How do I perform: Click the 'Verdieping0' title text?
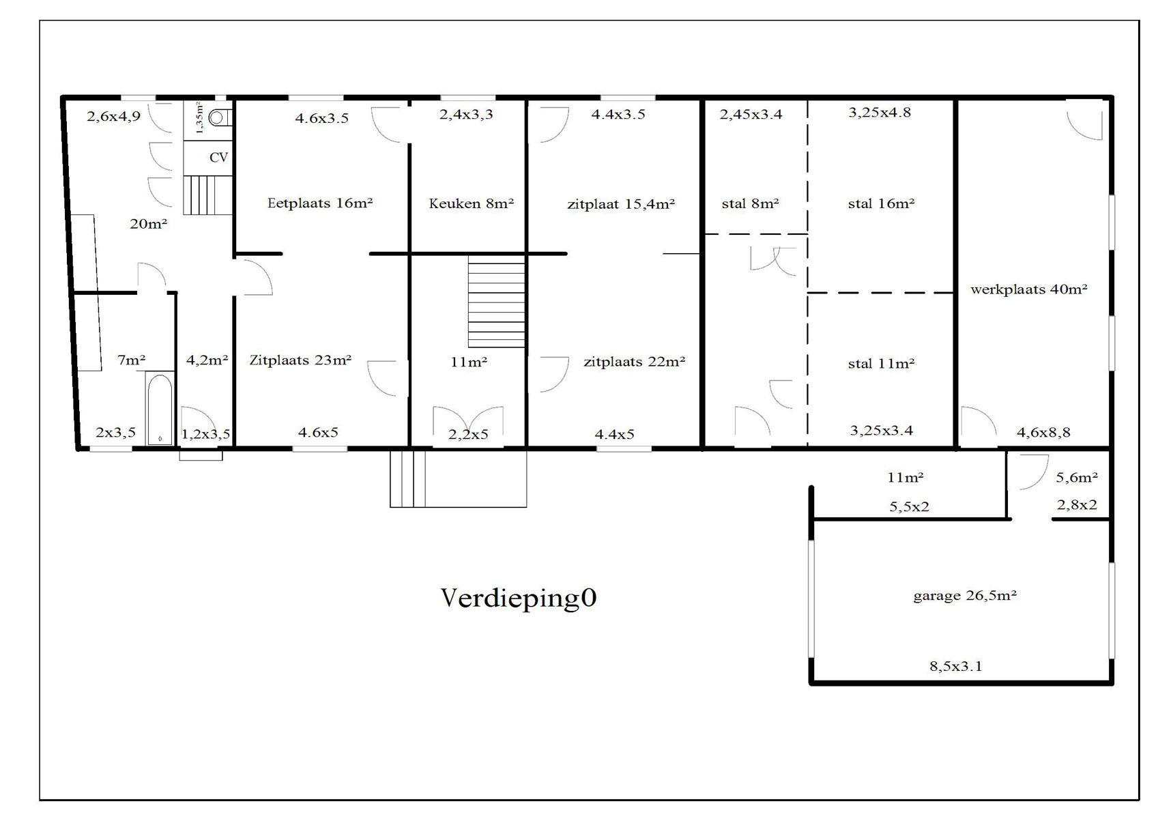(519, 598)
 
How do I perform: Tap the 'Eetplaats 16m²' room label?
(320, 203)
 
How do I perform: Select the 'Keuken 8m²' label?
(471, 203)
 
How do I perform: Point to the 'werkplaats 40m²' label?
(1028, 289)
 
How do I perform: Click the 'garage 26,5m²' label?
(965, 596)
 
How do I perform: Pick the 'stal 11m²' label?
(881, 364)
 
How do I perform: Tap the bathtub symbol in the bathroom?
(160, 408)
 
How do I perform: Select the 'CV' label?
(218, 158)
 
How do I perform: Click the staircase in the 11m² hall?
(496, 301)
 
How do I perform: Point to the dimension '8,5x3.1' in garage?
(955, 666)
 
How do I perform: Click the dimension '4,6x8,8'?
(1043, 432)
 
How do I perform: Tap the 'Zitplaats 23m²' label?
(300, 360)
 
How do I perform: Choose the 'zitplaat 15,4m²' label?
(621, 204)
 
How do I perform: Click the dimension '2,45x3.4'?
(751, 115)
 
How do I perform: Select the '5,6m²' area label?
(1077, 478)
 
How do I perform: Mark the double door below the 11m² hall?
(468, 425)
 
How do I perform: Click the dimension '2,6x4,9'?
(113, 117)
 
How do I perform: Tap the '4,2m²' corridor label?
(207, 360)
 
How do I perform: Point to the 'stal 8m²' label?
(750, 204)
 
